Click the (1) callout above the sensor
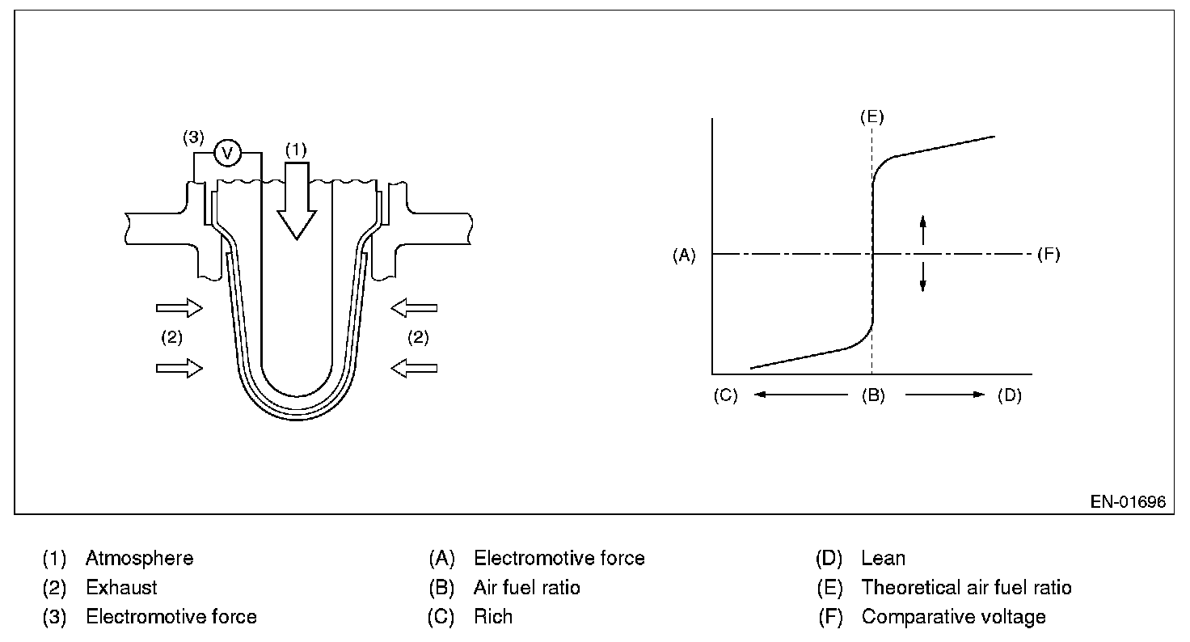297,150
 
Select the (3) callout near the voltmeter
192,137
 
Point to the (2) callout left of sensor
171,338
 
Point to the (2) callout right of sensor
417,338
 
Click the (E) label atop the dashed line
872,116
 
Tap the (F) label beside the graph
1048,255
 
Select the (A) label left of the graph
684,255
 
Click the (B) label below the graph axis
872,397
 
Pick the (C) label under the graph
725,397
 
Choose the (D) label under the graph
1010,397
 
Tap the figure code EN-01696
1128,502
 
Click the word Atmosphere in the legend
139,558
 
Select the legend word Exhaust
121,588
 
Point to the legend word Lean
883,558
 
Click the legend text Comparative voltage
953,617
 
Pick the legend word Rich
493,617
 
